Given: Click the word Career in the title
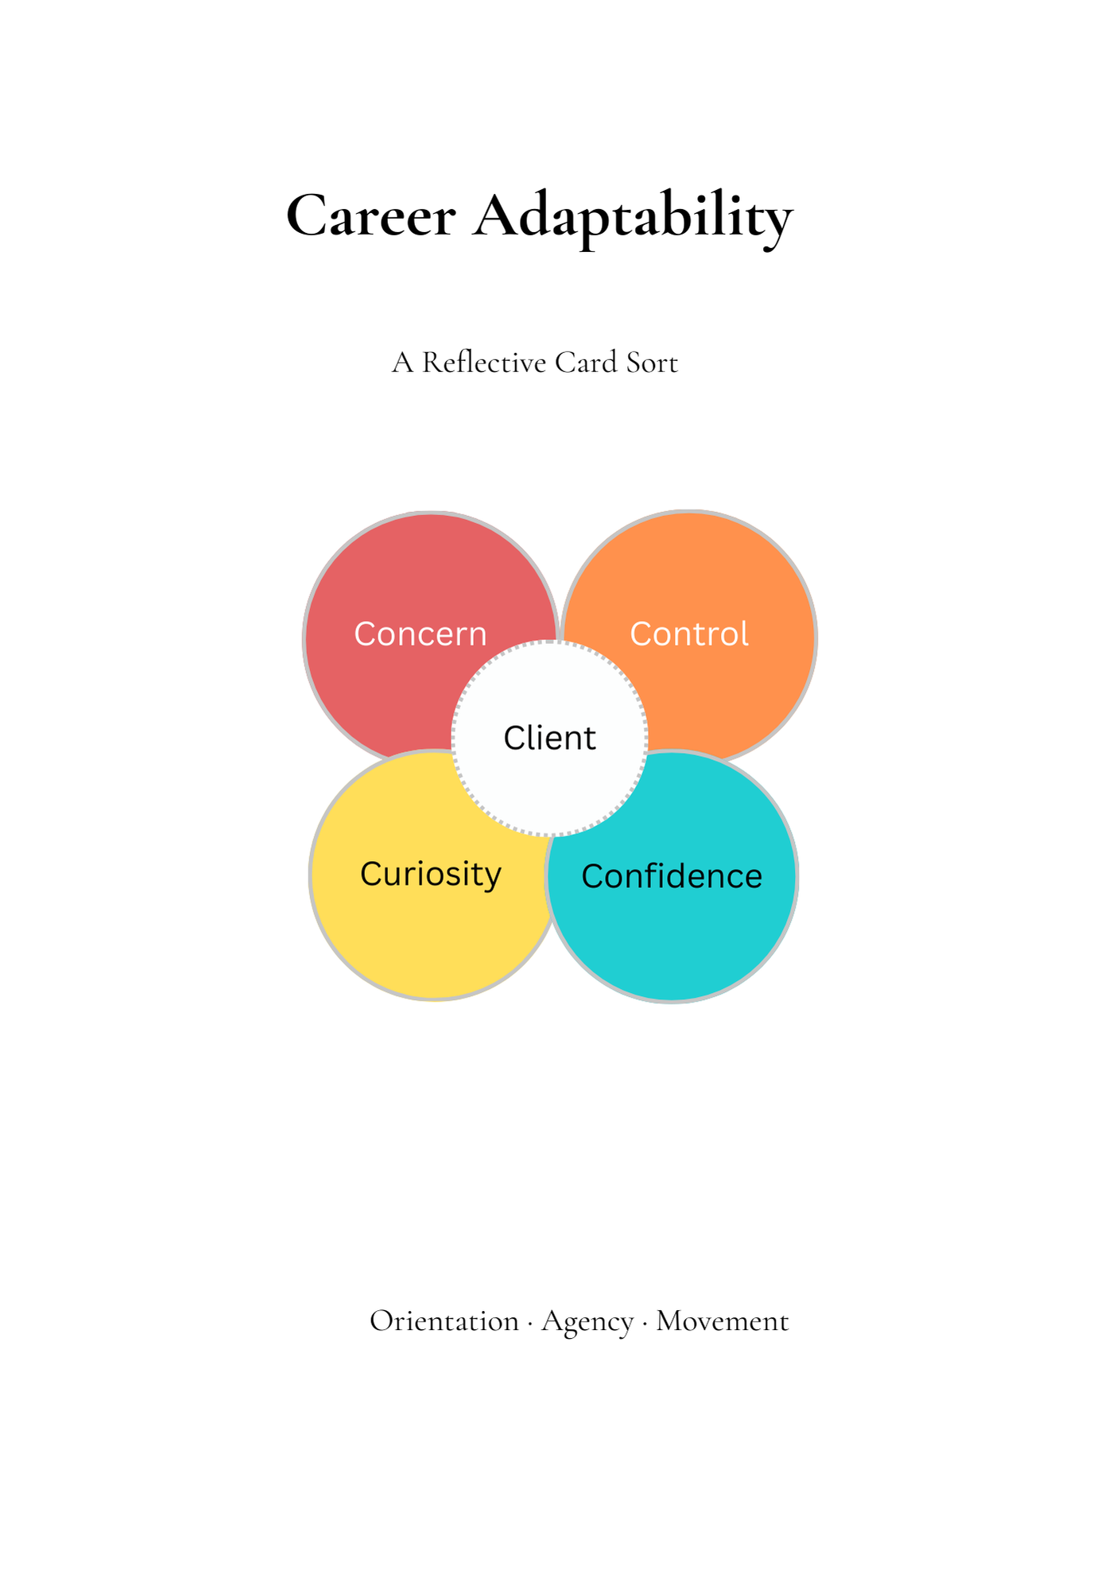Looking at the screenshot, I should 370,215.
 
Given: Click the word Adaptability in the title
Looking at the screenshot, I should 633,217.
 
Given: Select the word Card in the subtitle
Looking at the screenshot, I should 586,363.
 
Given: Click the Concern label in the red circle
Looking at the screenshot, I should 420,634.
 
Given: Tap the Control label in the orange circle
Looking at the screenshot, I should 689,634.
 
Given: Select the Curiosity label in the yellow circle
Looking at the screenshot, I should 431,874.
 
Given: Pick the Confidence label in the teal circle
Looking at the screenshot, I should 672,876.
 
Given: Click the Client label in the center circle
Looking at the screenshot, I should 549,738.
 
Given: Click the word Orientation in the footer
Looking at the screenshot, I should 444,1321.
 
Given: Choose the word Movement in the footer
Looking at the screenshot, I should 723,1321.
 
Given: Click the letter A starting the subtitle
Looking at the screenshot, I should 403,363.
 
